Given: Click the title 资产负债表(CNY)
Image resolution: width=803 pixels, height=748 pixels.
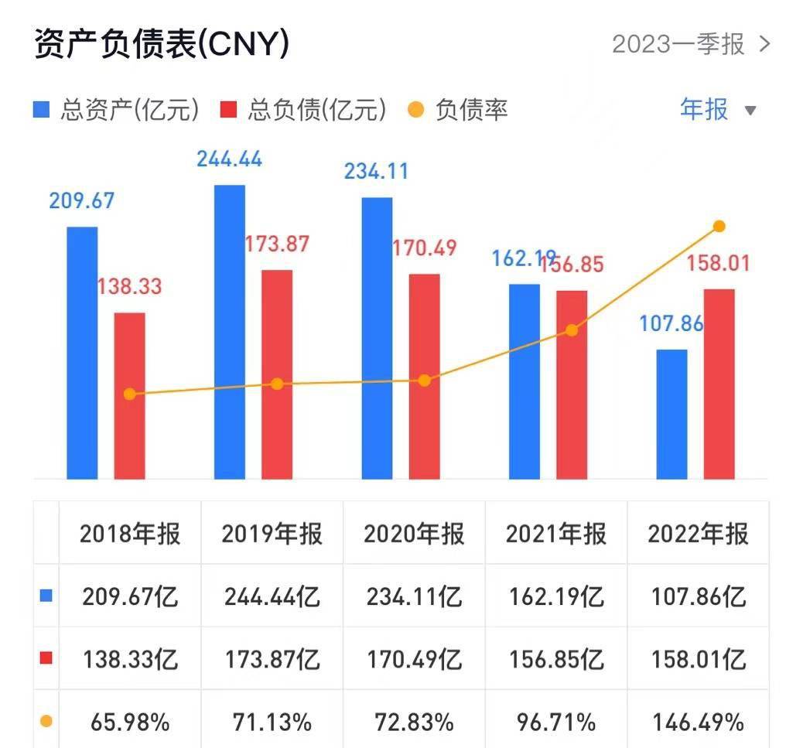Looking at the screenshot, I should tap(162, 44).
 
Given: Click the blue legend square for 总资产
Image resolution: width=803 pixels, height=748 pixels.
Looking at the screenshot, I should tap(42, 110).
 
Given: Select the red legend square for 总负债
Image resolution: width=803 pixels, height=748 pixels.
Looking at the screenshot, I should tap(229, 110).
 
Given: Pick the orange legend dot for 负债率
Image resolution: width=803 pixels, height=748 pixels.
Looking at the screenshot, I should tap(416, 110).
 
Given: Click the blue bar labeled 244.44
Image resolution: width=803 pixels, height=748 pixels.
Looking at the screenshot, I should tap(230, 333).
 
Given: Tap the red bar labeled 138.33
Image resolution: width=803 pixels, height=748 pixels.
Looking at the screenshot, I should tap(129, 396).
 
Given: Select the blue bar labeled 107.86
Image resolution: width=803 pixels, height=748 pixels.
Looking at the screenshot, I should tap(671, 414).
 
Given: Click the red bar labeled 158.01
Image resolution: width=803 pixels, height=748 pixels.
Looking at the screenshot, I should tap(719, 384).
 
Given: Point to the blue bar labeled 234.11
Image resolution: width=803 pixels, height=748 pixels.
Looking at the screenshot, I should tap(377, 338).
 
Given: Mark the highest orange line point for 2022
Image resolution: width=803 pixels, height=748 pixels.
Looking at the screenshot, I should tap(719, 226).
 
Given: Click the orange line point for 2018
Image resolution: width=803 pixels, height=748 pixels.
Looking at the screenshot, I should tap(129, 394).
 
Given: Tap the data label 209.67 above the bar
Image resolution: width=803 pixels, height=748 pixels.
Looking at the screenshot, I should tap(81, 201).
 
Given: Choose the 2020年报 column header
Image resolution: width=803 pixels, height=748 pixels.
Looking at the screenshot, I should tap(414, 534).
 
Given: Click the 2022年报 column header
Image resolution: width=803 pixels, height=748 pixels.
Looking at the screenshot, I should tap(698, 534).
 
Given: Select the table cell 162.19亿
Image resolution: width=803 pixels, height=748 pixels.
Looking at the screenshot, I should tap(555, 597).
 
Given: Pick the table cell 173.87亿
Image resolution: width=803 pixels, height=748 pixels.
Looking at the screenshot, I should tap(272, 660).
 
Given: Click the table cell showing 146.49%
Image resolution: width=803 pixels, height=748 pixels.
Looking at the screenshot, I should tap(698, 722).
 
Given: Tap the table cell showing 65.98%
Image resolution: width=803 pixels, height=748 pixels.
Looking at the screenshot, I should tap(130, 722).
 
